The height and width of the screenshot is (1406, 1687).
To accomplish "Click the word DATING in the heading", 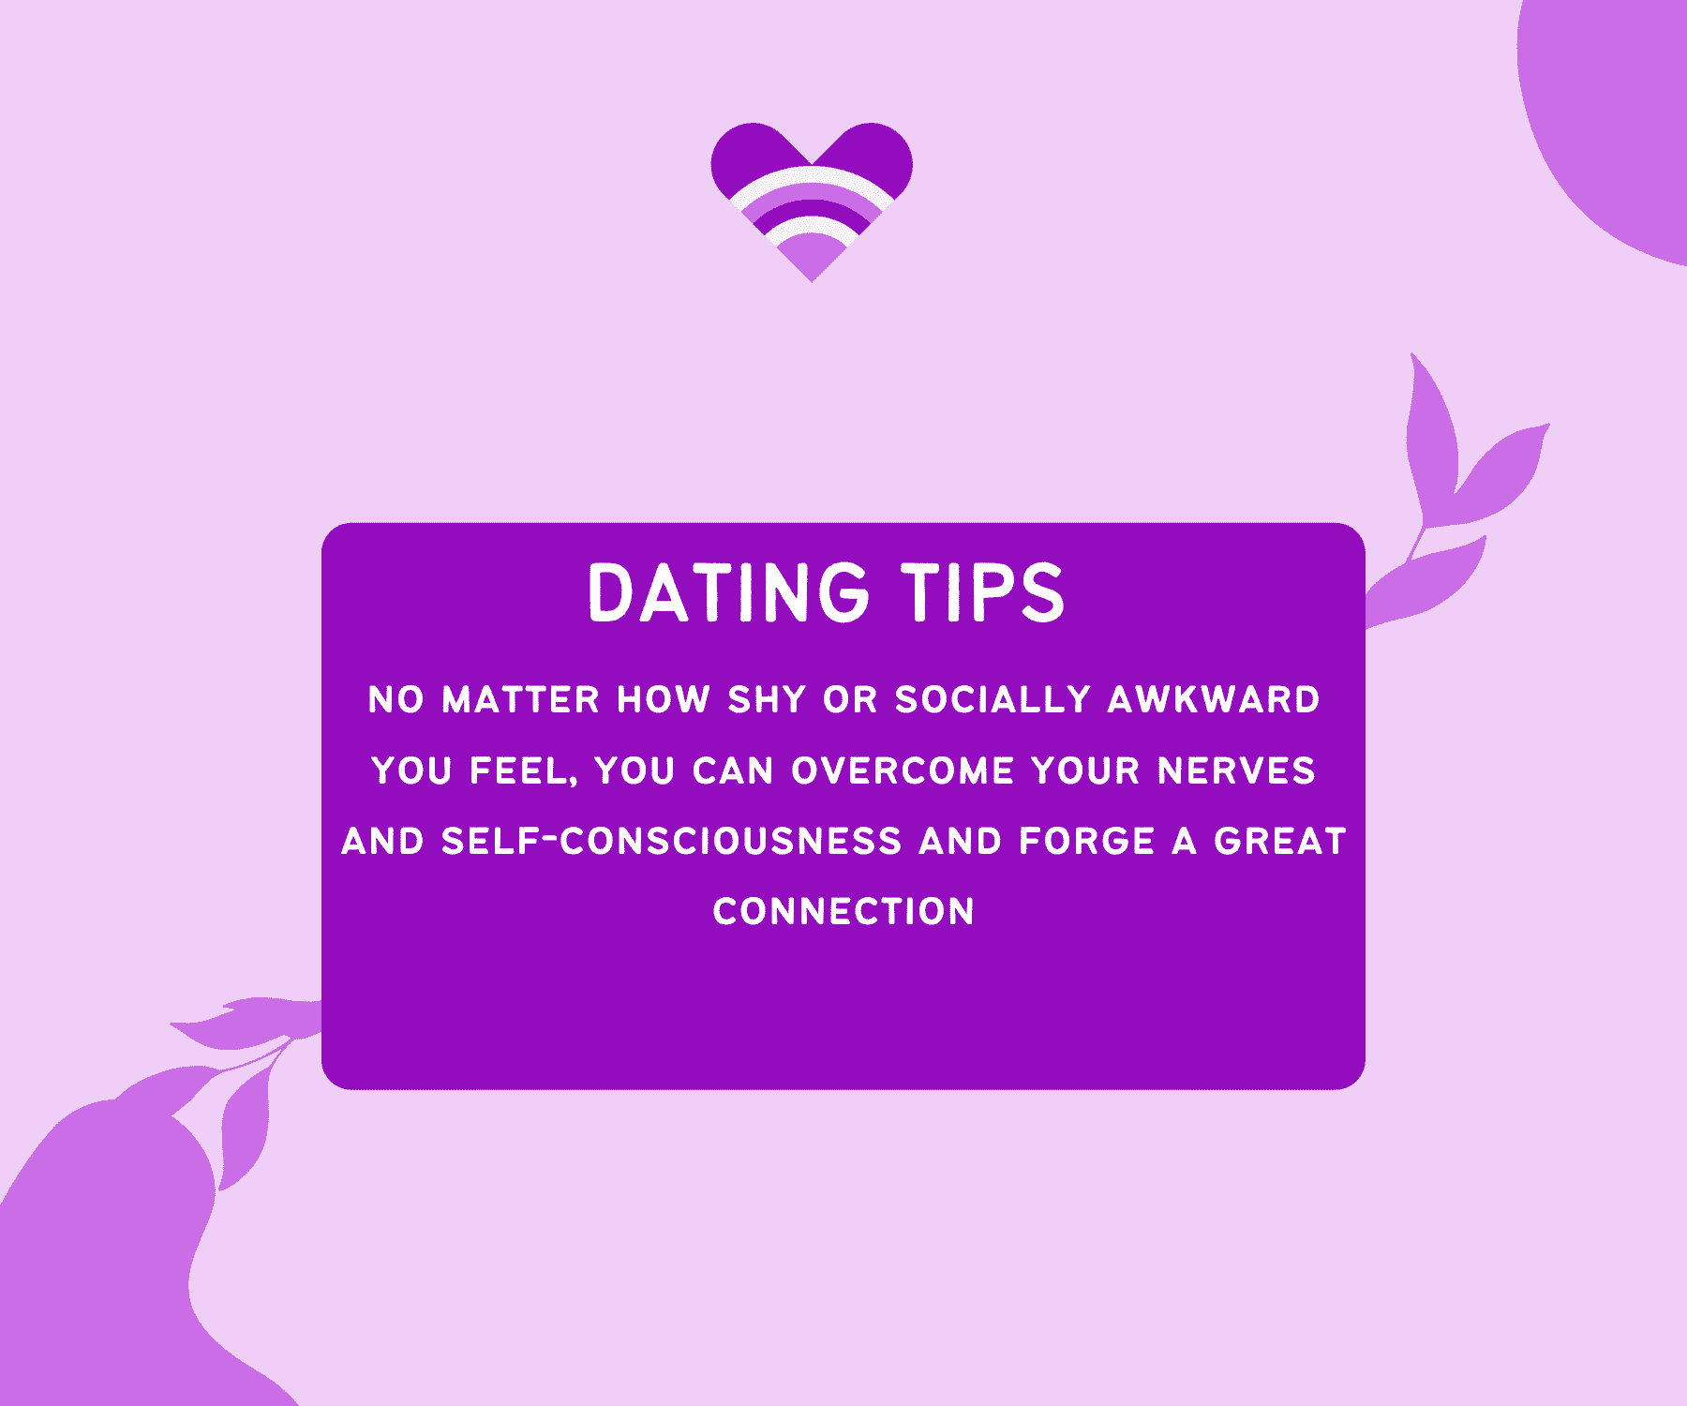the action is click(728, 592).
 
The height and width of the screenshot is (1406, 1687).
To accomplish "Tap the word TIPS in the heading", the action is click(983, 592).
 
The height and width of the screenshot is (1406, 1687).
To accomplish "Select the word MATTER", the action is click(520, 700).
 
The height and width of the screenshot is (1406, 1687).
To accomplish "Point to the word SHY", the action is click(767, 700).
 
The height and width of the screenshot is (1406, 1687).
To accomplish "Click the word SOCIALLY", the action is click(993, 700).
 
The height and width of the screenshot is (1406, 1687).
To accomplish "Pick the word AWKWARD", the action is click(1213, 700).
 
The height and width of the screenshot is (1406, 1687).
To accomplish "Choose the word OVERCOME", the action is click(903, 771).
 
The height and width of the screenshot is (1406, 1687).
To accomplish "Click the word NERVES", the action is click(1236, 771).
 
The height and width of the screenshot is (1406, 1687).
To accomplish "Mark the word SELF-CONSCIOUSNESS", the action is click(671, 841).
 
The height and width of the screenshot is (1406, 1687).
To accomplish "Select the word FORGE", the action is click(1086, 841).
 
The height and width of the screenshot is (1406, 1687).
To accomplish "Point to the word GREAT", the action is click(1280, 841).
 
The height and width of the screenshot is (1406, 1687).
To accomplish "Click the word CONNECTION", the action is click(843, 911).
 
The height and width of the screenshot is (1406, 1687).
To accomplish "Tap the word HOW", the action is click(664, 700).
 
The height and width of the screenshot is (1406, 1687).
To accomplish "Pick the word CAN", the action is click(733, 771).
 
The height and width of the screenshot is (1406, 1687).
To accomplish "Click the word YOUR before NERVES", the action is click(1085, 771).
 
